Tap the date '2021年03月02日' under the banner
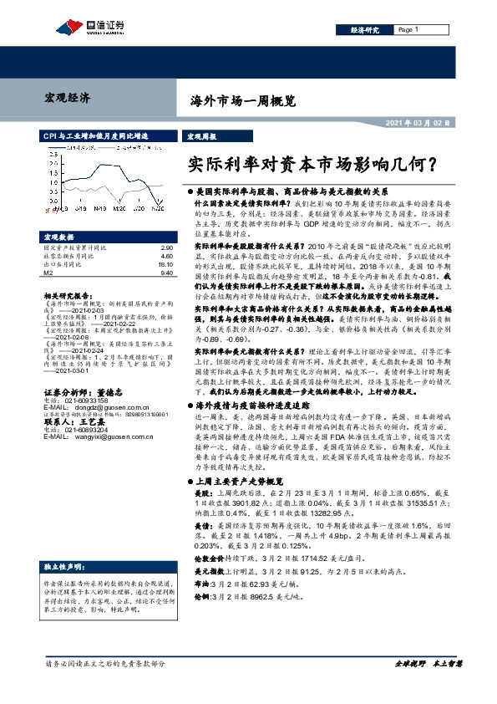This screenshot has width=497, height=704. pyautogui.click(x=418, y=123)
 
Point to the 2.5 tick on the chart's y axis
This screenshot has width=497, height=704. pyautogui.click(x=52, y=153)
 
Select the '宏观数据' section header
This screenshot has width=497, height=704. pyautogui.click(x=60, y=237)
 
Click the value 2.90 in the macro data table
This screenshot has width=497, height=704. pyautogui.click(x=165, y=248)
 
